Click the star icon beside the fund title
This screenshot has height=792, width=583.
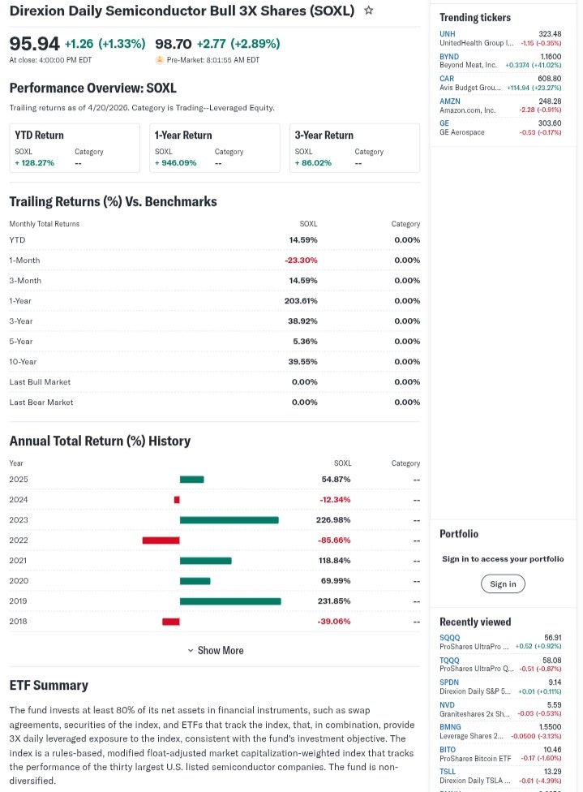coord(369,11)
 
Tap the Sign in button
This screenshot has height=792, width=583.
coord(503,583)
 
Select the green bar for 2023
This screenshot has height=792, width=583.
coord(229,520)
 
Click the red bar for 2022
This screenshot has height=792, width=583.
coord(161,540)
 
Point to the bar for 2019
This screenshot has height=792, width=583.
coord(230,601)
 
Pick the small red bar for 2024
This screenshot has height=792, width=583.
coord(177,500)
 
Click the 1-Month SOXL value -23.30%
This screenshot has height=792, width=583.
coord(301,260)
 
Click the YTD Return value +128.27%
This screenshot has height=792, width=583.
coord(34,163)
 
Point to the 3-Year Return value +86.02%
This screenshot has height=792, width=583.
coord(313,163)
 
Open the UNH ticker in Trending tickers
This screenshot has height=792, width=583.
coord(448,34)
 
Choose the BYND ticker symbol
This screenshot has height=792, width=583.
coord(449,57)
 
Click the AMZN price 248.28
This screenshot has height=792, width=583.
coord(550,101)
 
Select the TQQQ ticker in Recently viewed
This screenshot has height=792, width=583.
coord(449,661)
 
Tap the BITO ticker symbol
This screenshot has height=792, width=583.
coord(448,750)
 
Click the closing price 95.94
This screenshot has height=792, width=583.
coord(34,44)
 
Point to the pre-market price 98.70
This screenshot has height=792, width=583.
coord(173,44)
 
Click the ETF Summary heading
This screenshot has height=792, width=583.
coord(49,685)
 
